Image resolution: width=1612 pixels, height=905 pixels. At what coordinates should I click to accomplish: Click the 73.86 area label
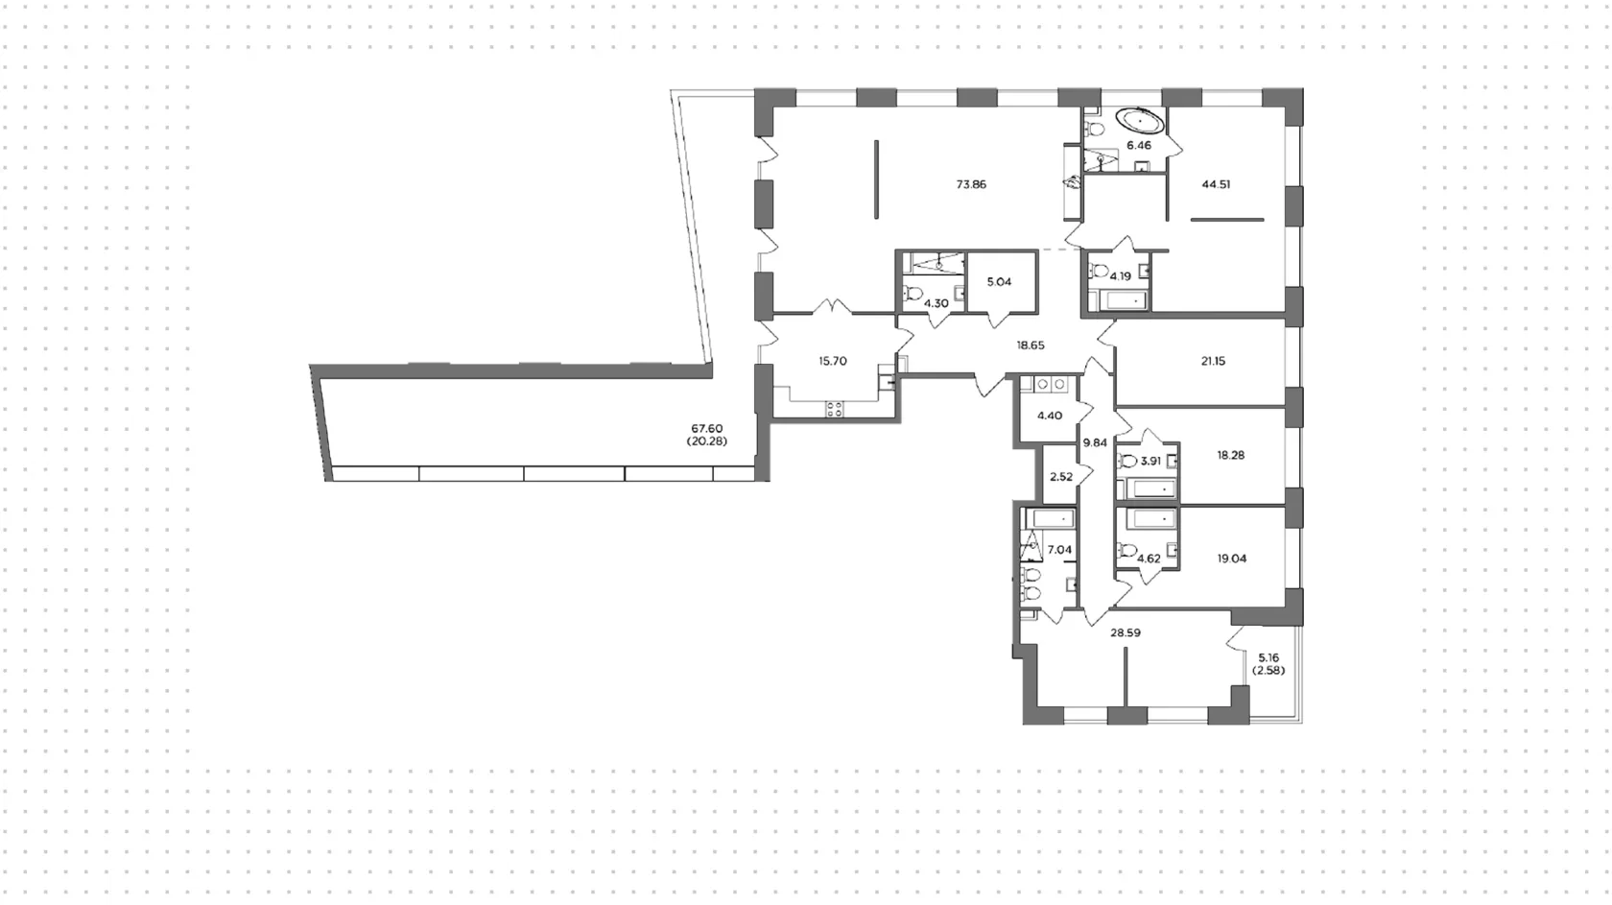coord(971,184)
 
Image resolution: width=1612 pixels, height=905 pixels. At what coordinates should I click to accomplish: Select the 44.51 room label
coord(1216,184)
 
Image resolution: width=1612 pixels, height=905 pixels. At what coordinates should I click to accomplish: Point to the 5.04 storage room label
coord(999,282)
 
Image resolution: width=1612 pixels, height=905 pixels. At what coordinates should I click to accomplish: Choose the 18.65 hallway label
coord(1031,345)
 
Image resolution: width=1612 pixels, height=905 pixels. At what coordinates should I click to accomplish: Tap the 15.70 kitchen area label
coord(833,362)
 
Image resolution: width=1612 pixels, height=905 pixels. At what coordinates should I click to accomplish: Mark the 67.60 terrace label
coord(706,429)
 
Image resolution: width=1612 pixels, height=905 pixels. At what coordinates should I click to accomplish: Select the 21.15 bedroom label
coord(1213,362)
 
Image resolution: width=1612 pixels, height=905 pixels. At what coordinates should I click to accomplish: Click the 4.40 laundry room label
coord(1050,417)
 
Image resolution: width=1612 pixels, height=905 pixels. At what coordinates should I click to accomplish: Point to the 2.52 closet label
coord(1061,477)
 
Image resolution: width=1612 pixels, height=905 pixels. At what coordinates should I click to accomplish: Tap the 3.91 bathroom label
coord(1150,461)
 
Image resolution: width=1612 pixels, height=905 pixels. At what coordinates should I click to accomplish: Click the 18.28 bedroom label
coord(1230,455)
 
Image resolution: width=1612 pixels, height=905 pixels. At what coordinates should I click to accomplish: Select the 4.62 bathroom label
coord(1149,558)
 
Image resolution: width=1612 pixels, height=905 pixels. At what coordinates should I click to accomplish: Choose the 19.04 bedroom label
coord(1232,558)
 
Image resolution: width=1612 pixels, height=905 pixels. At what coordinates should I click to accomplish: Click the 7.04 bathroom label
coord(1059,549)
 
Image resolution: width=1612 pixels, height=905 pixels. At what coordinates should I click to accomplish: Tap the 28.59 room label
coord(1126,633)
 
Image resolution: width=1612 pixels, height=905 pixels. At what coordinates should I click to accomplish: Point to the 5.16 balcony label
coord(1268,657)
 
